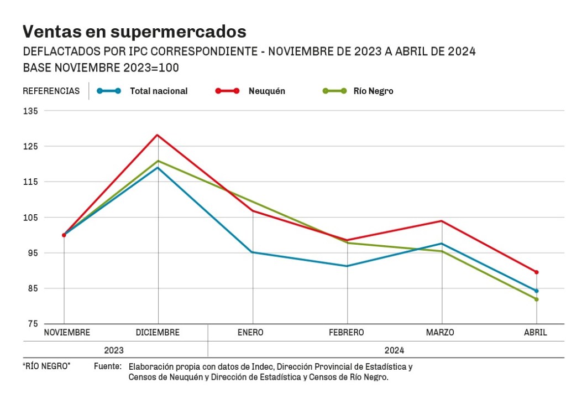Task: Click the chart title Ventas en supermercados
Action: [x=134, y=30]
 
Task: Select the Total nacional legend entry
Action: [x=158, y=91]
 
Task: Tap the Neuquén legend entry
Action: [x=266, y=91]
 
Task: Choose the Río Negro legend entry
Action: [x=373, y=91]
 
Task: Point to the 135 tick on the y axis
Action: [x=30, y=111]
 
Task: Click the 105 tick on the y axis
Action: [x=30, y=217]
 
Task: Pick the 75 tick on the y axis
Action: [x=32, y=324]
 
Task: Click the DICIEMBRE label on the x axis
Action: [x=158, y=333]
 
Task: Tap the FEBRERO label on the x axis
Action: [x=347, y=333]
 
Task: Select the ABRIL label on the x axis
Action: [x=536, y=333]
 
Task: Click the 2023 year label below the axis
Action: [x=114, y=350]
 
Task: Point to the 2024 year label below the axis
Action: [x=395, y=350]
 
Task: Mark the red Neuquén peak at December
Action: [x=158, y=135]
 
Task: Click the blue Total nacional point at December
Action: [x=158, y=167]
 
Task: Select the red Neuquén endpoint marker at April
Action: [x=536, y=272]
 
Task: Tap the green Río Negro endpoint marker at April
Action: [x=536, y=299]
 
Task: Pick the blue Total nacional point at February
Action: [x=347, y=266]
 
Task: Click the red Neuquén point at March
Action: [x=442, y=221]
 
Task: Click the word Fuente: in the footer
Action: [x=107, y=366]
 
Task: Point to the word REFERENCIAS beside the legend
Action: [x=51, y=91]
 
